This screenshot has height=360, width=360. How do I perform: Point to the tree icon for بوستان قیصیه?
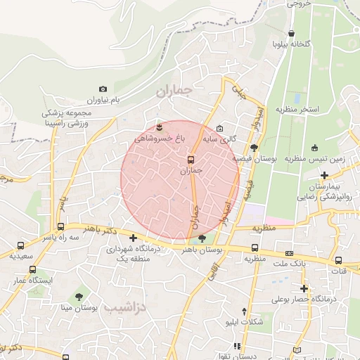tap(254, 148)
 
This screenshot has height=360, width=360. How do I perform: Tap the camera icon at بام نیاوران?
tap(103, 89)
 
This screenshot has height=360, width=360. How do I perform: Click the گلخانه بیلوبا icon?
tap(292, 33)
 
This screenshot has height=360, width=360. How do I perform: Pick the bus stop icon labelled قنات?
tap(338, 261)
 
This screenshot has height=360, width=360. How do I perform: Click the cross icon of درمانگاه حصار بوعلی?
tap(304, 288)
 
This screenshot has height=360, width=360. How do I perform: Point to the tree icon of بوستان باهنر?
tap(202, 239)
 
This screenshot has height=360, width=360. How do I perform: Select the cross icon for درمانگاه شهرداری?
tap(133, 238)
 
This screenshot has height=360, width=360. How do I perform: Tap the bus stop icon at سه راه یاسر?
tap(61, 227)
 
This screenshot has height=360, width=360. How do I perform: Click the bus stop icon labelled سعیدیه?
tap(21, 246)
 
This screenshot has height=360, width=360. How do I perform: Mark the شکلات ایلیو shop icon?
tap(243, 311)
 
